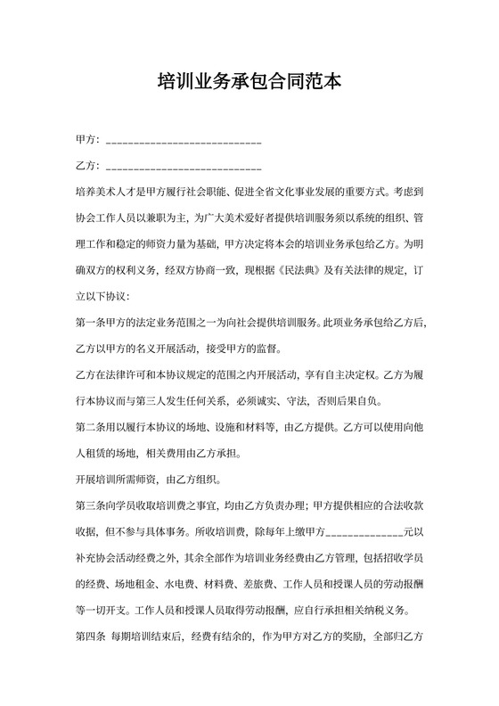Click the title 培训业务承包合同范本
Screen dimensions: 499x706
point(249,83)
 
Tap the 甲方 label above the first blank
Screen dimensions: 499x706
point(86,141)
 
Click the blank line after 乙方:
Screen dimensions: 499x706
point(184,168)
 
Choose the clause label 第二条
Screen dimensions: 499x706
point(92,426)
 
